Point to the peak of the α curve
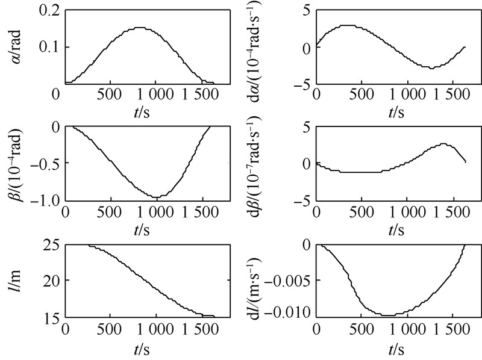(139, 28)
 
